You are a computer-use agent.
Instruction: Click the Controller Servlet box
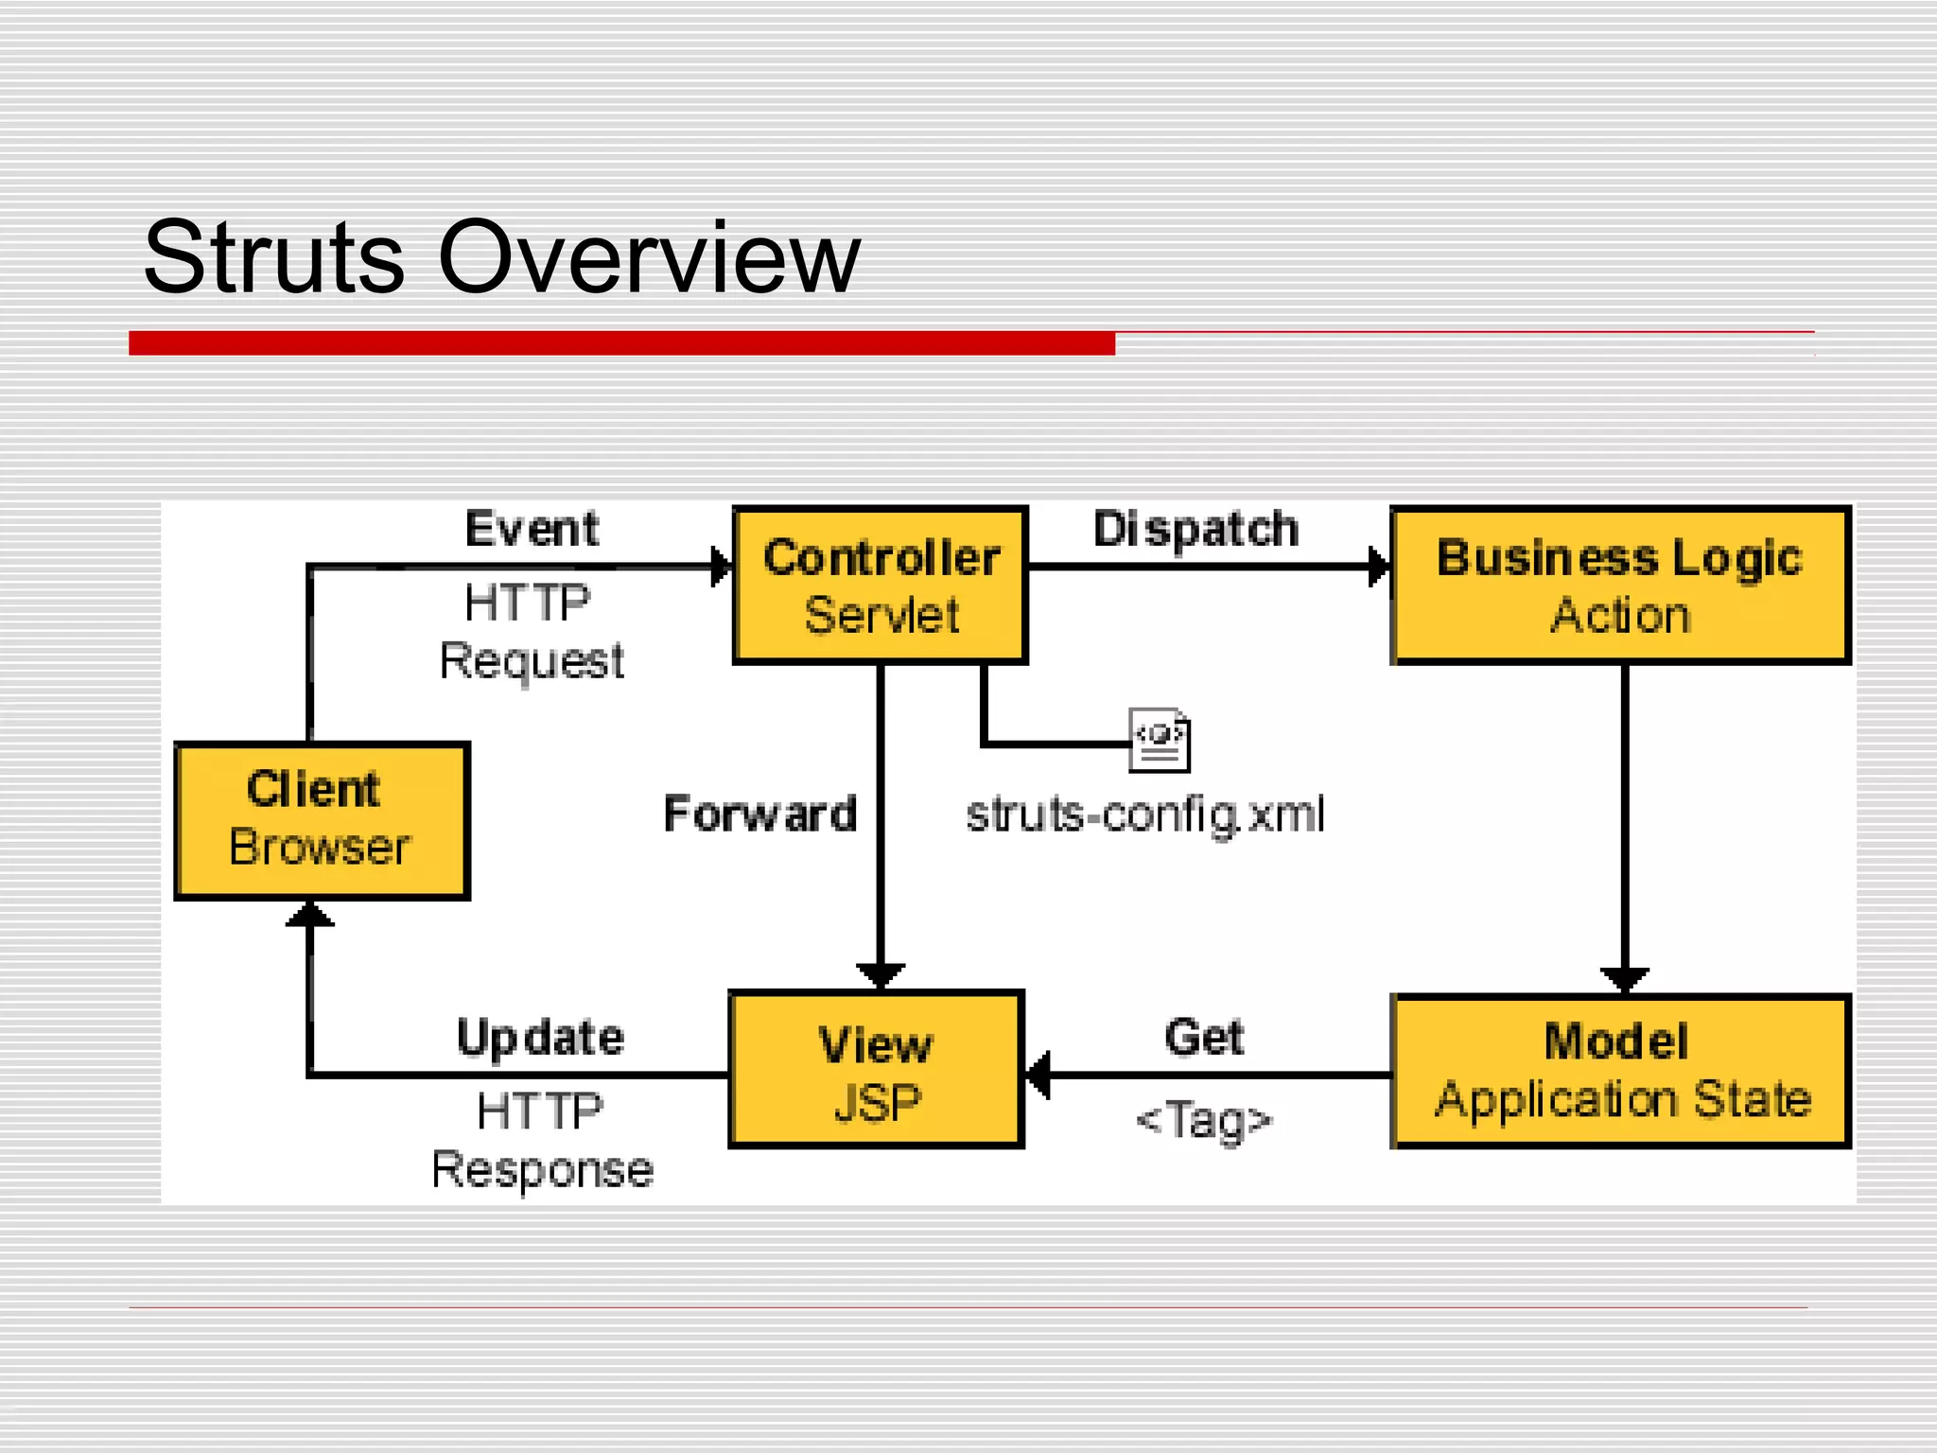click(880, 585)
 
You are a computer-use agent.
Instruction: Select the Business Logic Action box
click(1619, 585)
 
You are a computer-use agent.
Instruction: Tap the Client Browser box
click(322, 820)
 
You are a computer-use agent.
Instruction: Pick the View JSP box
click(876, 1070)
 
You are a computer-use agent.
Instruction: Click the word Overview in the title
click(649, 257)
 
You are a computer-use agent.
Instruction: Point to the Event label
click(532, 528)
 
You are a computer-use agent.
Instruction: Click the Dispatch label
click(1195, 528)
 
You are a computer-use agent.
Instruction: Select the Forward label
click(759, 814)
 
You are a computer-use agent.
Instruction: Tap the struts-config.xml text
click(1144, 814)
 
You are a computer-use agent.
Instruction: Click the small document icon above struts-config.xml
click(1160, 739)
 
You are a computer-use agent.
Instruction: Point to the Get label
click(1203, 1037)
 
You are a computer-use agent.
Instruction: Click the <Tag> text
click(1204, 1120)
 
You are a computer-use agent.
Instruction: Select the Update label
click(540, 1038)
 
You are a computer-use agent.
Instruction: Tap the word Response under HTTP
click(542, 1170)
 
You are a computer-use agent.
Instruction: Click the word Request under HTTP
click(532, 660)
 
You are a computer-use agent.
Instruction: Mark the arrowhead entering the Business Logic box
click(1380, 567)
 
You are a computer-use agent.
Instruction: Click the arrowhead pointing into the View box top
click(881, 975)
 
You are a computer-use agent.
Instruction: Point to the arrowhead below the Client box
click(309, 915)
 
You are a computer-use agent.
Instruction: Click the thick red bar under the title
click(621, 342)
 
